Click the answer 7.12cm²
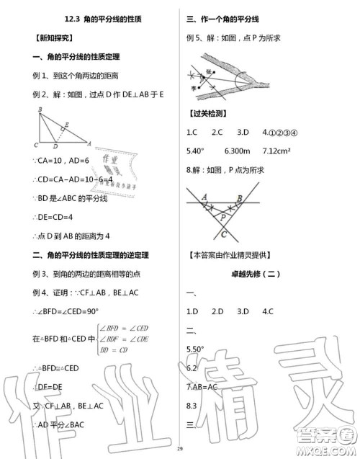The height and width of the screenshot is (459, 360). click(271, 151)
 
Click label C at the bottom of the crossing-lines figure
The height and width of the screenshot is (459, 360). click(225, 234)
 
